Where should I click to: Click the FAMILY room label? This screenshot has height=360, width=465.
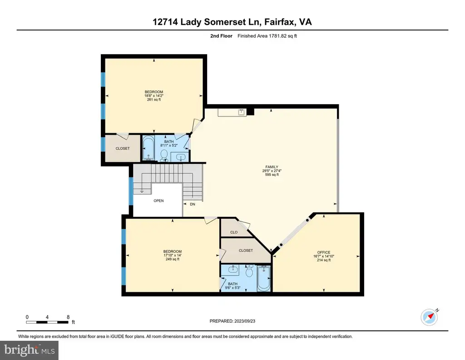[x=272, y=167]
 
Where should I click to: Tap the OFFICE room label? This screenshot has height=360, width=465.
[x=323, y=252]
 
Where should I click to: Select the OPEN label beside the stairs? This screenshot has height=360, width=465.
[x=158, y=200]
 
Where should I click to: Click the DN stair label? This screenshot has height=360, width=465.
[x=193, y=204]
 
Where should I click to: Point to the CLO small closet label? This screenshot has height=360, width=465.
[x=234, y=232]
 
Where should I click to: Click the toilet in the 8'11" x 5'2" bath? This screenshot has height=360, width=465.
[x=164, y=155]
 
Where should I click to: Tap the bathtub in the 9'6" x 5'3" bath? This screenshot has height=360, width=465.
[x=264, y=278]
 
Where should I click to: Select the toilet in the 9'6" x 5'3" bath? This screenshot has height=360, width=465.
[x=249, y=271]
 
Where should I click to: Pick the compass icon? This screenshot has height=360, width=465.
[x=429, y=317]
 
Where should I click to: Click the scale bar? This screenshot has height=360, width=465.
[x=47, y=322]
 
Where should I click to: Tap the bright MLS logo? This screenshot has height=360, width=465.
[x=29, y=350]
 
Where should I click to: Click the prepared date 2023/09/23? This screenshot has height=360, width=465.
[x=245, y=321]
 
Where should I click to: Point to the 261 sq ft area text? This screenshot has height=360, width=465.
[x=154, y=100]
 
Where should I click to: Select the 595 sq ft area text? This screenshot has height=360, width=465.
[x=272, y=175]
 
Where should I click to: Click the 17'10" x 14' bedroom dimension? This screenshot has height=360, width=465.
[x=172, y=255]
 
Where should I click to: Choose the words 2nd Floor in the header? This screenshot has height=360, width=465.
[x=221, y=36]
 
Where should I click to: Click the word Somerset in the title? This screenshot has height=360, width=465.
[x=225, y=22]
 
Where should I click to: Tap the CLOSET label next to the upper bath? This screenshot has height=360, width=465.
[x=123, y=148]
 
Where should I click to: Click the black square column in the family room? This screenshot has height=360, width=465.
[x=251, y=112]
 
